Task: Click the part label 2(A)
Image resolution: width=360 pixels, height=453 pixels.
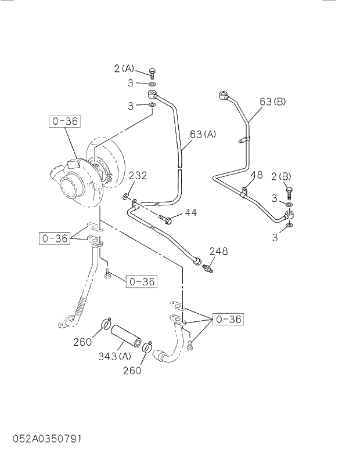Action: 124,69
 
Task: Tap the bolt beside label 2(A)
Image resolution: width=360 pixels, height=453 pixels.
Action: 152,73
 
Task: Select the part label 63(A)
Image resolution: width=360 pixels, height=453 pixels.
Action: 203,135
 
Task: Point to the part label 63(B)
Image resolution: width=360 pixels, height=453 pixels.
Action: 272,102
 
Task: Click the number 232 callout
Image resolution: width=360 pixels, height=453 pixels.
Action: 138,175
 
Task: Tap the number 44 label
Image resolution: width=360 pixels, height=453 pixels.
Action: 190,213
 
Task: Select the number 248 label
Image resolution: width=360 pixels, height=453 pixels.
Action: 218,252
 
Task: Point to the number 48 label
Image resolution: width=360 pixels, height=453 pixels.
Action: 257,175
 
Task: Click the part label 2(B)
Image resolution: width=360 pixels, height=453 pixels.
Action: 281,176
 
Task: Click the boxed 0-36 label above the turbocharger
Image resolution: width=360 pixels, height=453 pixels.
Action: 64,122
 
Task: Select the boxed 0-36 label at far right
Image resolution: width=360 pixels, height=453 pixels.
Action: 228,320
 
